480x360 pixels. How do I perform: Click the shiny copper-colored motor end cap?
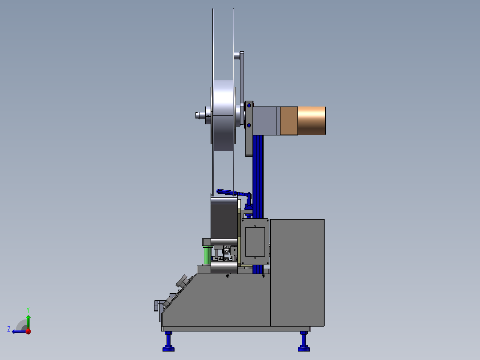312,121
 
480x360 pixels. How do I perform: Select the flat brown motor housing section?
289,121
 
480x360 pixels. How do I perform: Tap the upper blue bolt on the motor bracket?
249,106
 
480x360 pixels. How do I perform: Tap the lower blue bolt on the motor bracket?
249,125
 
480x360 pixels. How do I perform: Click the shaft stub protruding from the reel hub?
200,115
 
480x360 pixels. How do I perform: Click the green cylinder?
207,256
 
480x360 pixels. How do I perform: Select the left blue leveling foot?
168,341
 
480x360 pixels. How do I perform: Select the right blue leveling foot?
304,341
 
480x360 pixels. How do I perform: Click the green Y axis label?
28,310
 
